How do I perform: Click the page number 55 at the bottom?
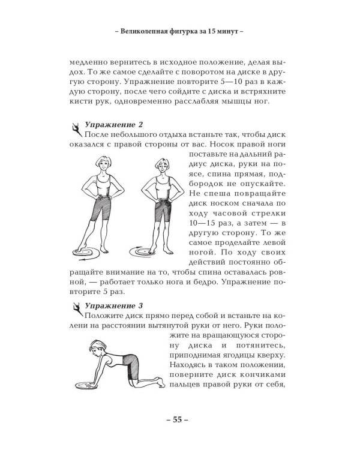178,419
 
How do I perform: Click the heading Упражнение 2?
113,125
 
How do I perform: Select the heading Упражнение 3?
113,305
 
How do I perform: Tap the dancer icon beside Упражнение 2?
76,130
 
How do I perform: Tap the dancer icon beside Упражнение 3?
76,310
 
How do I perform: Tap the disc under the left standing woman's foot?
86,252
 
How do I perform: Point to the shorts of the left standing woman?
101,208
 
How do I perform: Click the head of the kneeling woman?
98,347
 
